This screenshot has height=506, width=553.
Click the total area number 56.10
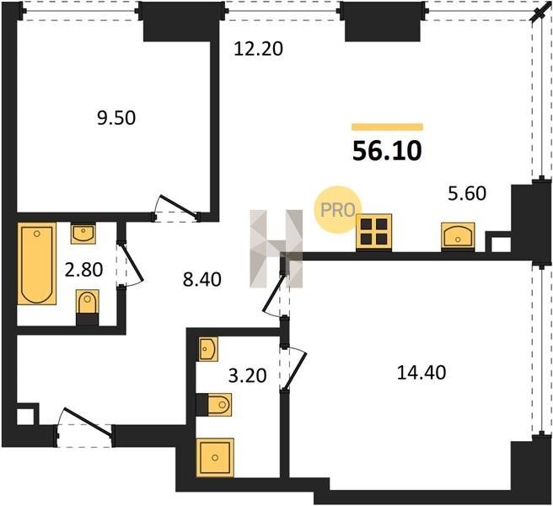coord(387,151)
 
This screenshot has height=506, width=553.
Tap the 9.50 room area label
coord(116,118)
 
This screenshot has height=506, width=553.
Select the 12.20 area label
coord(259,49)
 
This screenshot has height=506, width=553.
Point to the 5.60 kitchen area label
coord(467,193)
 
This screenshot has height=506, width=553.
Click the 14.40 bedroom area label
coord(421,373)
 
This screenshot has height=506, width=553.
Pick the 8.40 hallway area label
coord(202,279)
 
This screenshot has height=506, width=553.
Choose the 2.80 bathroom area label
coord(84,270)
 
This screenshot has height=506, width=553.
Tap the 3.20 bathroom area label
coord(247,375)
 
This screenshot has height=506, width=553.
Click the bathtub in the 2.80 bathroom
coord(37,264)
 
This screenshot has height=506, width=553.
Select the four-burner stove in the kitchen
coord(373,232)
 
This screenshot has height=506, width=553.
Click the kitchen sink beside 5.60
coord(458,236)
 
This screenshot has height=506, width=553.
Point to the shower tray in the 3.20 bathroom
coord(215,457)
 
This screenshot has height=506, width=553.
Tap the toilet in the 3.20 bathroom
coord(214,404)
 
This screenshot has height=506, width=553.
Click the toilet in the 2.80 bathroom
coord(88,307)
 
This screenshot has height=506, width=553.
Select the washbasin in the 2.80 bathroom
coord(83,233)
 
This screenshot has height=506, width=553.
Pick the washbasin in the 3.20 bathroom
coord(208,349)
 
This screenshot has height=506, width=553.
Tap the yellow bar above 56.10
coord(387,127)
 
